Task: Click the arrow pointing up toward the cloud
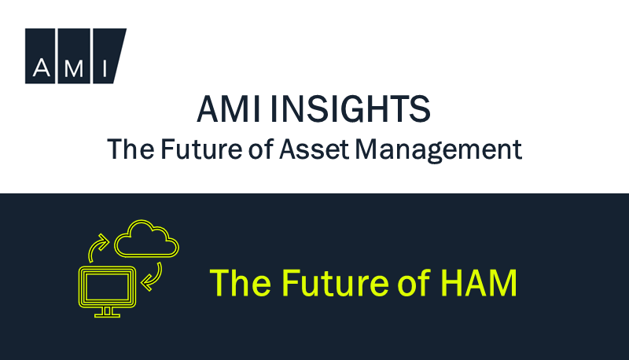(x=97, y=247)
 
